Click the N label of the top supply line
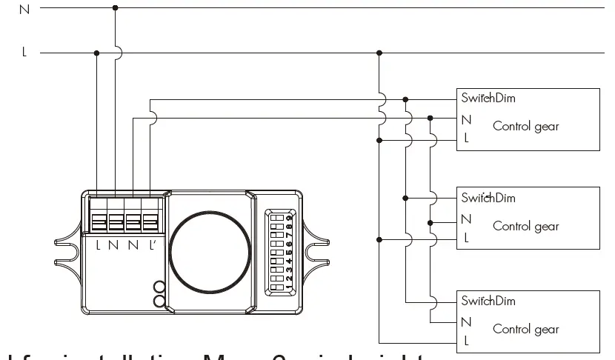tap(25, 10)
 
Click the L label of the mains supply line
tap(24, 53)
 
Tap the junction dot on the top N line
tap(115, 8)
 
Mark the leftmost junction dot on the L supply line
tap(97, 53)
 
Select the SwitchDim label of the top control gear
tap(488, 98)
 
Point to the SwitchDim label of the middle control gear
tap(488, 198)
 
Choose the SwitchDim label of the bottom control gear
tap(488, 301)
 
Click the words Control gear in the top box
tap(526, 126)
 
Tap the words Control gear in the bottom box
tap(526, 330)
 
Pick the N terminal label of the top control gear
tap(466, 119)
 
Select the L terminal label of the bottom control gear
tap(466, 341)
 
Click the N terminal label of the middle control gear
tap(466, 219)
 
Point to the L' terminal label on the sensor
tap(151, 244)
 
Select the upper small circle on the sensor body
tap(159, 287)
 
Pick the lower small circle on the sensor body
tap(159, 300)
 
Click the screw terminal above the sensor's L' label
tap(150, 221)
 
